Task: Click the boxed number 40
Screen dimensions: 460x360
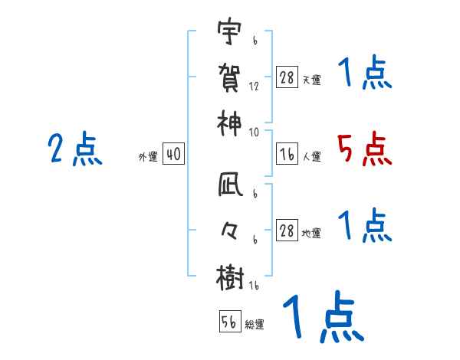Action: (173, 155)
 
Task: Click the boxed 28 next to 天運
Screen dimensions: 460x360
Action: (287, 78)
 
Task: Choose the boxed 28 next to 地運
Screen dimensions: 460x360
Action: (287, 231)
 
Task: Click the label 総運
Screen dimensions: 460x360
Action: (255, 325)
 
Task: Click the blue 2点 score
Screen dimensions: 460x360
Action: (75, 149)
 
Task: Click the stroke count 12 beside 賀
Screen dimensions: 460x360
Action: (254, 87)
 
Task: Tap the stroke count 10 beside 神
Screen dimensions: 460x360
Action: (254, 131)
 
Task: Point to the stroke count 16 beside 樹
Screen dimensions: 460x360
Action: (254, 286)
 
